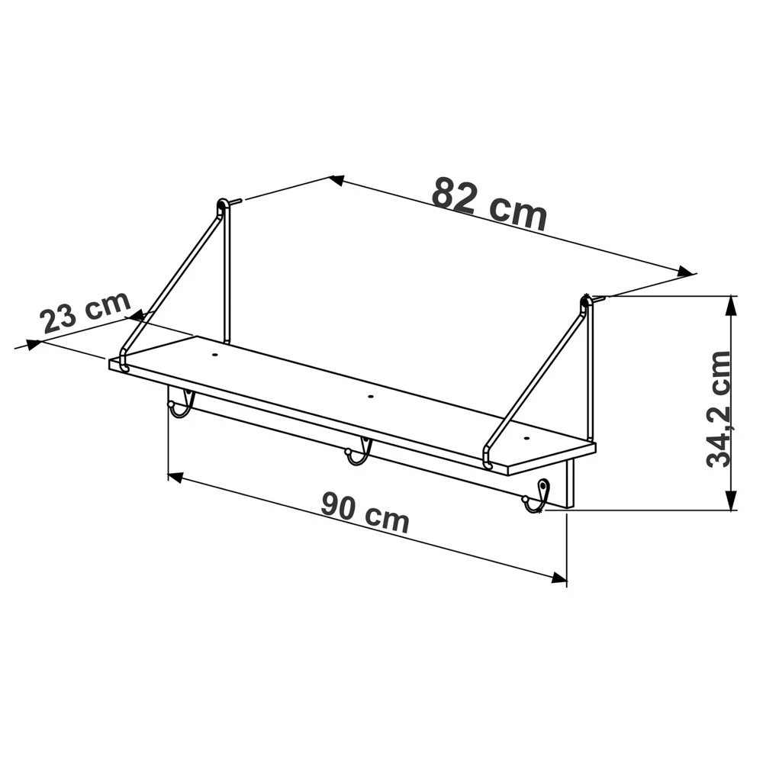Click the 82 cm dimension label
pos(490,204)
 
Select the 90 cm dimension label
pos(365,513)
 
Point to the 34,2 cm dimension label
pos(718,409)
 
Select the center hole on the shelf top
pos(371,397)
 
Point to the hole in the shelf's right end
pos(526,439)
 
